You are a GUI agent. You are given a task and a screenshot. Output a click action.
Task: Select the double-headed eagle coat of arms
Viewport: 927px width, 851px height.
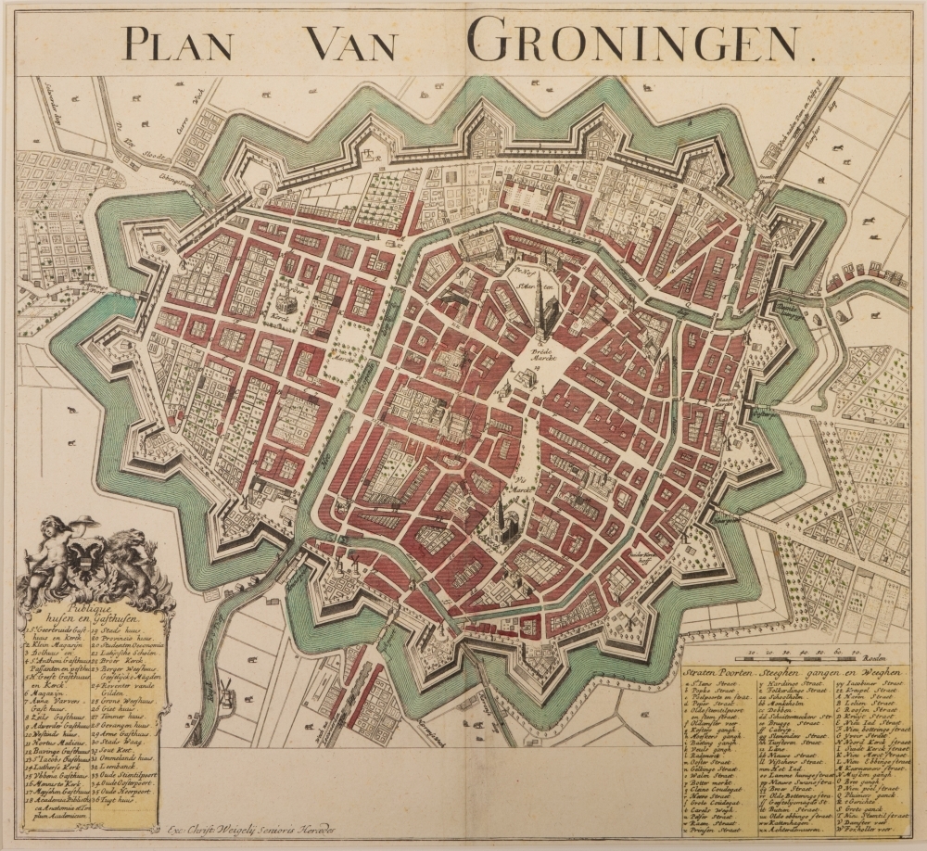point(91,561)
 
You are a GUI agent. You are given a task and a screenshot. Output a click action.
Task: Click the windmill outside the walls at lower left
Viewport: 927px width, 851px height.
point(222,687)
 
